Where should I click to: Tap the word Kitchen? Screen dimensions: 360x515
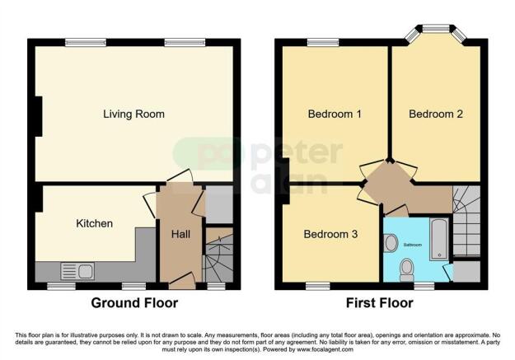pos(94,223)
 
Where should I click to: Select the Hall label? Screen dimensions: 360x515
pos(180,235)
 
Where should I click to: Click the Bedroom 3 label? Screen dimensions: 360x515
pos(330,234)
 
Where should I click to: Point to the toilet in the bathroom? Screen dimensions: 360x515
pos(406,268)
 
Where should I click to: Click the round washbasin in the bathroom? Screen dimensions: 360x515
pos(391,243)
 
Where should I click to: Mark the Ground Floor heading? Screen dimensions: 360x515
pos(133,302)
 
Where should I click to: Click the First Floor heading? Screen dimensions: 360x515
pos(379,302)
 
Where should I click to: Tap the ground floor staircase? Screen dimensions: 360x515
pos(217,260)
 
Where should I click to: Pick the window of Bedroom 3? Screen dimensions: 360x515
pos(317,285)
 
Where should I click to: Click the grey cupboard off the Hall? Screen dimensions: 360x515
pos(218,205)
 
